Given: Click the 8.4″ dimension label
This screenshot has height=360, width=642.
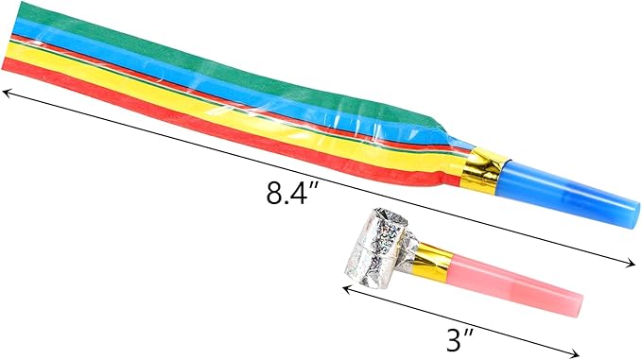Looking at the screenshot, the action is (x=292, y=193).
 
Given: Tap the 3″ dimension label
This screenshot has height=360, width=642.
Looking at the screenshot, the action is (x=460, y=340).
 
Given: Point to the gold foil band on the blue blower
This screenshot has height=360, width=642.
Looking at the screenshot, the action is (x=483, y=171).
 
